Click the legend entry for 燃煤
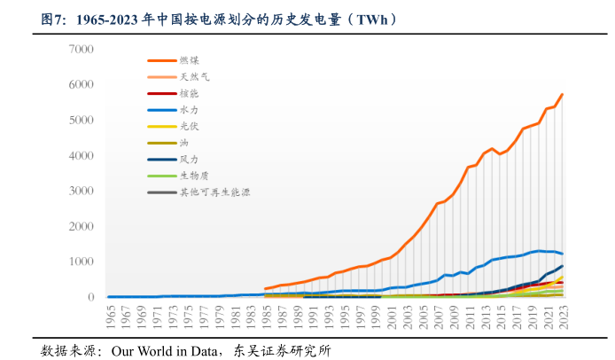188,60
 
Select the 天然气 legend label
194,77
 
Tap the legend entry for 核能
188,93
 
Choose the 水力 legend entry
188,110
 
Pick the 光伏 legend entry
188,126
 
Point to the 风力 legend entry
188,160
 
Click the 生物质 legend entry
194,176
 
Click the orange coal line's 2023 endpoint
562,94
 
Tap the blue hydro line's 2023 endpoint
562,254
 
